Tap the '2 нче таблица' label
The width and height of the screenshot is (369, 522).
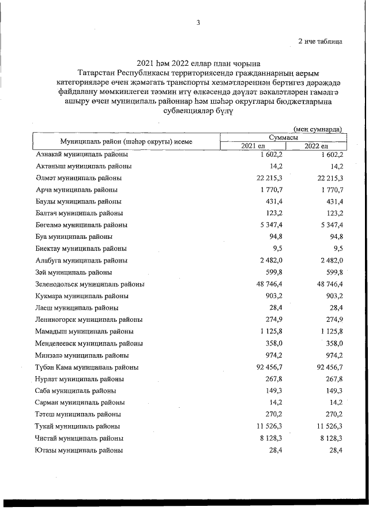tap(320, 42)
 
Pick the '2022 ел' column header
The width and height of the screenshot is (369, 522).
tap(316, 145)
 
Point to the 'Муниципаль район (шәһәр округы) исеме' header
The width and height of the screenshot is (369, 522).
tap(126, 141)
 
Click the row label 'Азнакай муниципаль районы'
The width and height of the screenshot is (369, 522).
tap(82, 155)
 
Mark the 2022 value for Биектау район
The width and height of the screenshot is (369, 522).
tap(336, 249)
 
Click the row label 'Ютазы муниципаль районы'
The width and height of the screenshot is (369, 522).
tap(79, 450)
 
